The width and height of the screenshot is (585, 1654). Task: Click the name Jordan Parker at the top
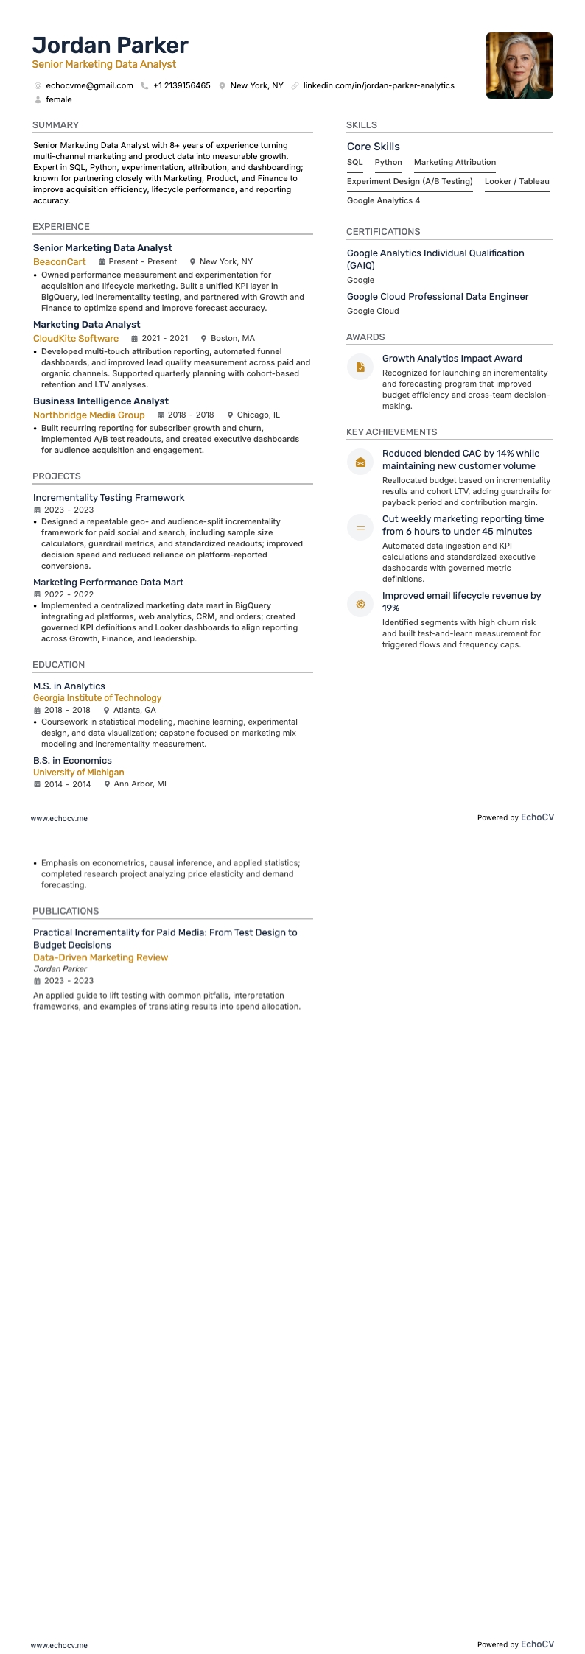(x=111, y=46)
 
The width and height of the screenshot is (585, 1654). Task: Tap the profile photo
(x=519, y=66)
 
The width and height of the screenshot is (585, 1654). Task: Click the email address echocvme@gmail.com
(x=89, y=86)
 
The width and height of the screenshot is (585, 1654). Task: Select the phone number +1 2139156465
(x=181, y=86)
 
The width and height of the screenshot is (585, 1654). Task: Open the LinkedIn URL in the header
(x=379, y=86)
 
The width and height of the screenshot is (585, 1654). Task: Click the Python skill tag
(x=388, y=163)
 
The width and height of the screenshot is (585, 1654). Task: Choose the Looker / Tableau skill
(x=516, y=182)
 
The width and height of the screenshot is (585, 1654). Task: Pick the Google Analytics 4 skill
(x=383, y=201)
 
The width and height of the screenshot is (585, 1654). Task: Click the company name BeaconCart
(x=60, y=262)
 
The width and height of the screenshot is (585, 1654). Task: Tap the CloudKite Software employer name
(x=76, y=339)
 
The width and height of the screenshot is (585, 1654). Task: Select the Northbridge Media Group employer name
(x=89, y=415)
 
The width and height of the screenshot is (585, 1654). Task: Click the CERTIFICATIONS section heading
(x=383, y=232)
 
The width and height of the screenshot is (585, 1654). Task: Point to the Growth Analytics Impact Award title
(x=452, y=359)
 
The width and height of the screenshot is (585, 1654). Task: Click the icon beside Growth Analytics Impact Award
(x=360, y=367)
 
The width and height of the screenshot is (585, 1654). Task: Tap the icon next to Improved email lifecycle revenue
(x=360, y=604)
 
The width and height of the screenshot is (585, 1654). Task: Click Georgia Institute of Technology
(x=97, y=698)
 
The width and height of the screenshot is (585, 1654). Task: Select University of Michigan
(x=79, y=773)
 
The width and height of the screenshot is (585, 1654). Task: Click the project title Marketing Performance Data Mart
(x=108, y=583)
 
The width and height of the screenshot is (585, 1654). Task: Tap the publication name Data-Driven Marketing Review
(x=101, y=958)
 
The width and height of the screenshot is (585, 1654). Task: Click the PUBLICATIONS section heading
(x=66, y=912)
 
